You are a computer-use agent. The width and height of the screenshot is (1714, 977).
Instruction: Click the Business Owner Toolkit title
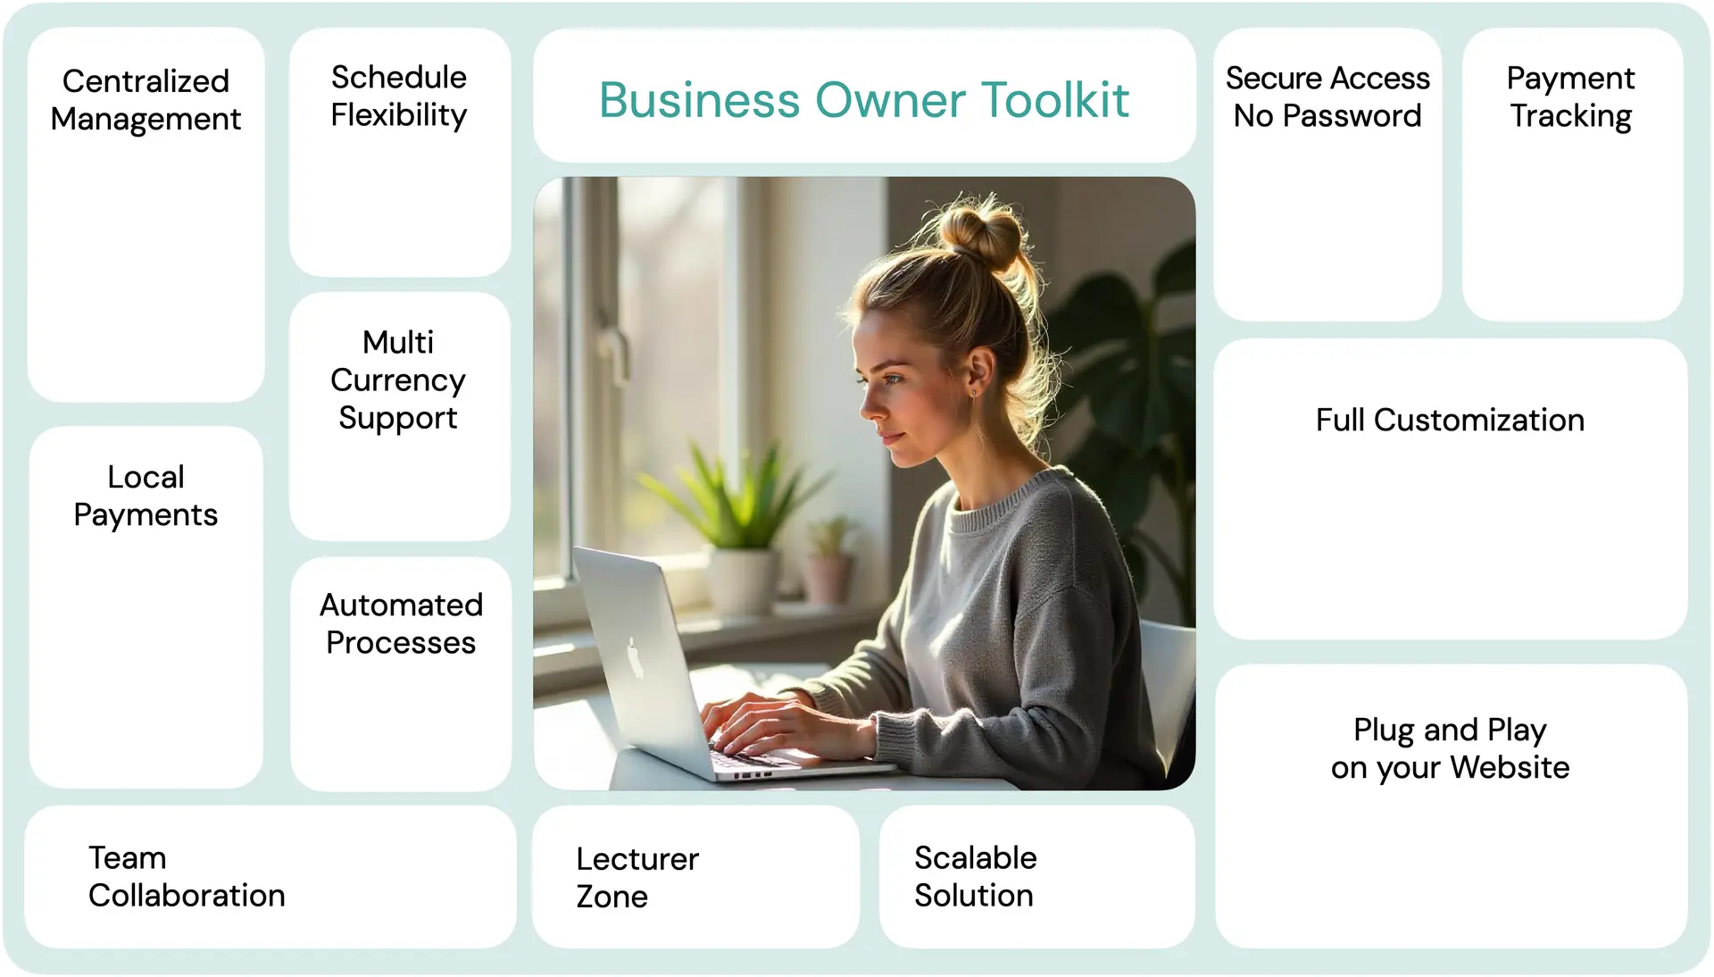pos(864,100)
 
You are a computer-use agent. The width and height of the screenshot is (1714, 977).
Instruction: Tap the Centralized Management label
pos(146,100)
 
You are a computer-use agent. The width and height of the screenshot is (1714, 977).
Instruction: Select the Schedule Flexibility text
pos(399,96)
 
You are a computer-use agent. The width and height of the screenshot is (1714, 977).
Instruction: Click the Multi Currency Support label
pos(398,380)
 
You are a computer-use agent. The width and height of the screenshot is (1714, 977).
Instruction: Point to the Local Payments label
pos(146,496)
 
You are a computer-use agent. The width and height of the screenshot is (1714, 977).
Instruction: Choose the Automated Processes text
pos(401,623)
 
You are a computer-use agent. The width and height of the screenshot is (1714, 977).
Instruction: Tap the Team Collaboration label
pos(187,876)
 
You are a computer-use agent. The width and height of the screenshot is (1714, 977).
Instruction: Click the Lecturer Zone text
pos(637,877)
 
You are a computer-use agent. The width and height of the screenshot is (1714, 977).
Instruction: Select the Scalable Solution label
pos(975,876)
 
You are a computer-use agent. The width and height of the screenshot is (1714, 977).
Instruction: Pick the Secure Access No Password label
pos(1327,96)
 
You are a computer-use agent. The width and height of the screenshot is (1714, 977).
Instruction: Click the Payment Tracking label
pos(1571,97)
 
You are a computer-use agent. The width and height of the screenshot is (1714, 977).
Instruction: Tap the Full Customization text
pos(1450,420)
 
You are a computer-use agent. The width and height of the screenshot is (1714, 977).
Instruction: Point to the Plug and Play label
pos(1450,731)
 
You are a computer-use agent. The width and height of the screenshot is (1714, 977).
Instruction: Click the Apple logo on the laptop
pos(635,657)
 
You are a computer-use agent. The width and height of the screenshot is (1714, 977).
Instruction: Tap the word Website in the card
pos(1510,767)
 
